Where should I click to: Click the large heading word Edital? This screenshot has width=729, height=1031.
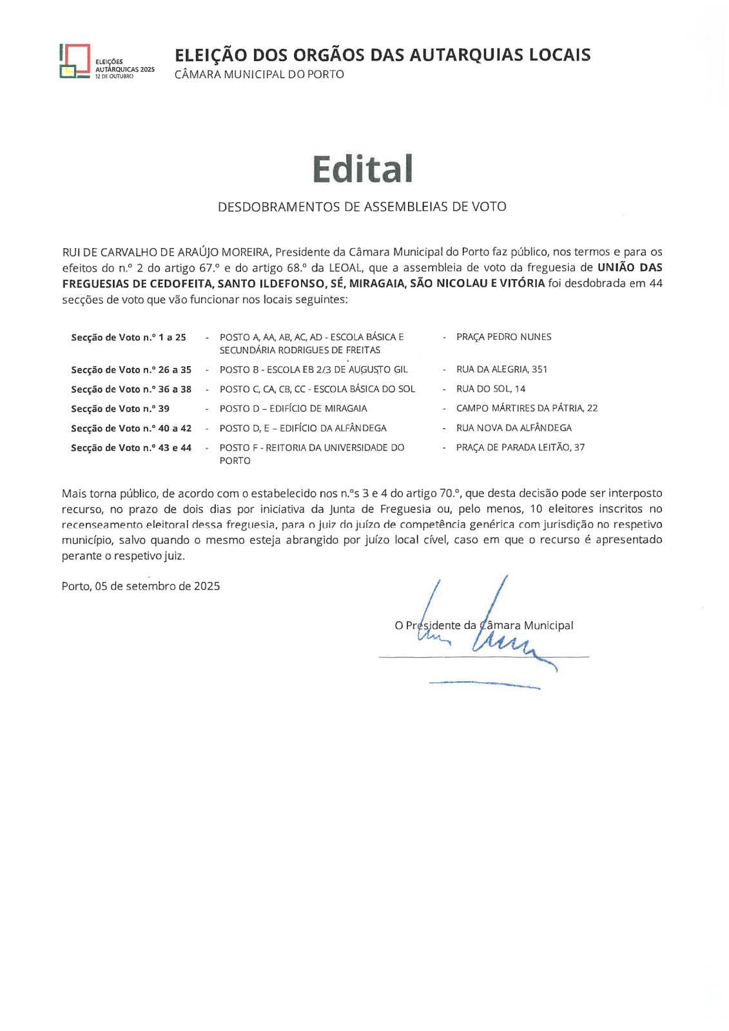pos(362,169)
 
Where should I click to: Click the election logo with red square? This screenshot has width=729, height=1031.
pos(75,61)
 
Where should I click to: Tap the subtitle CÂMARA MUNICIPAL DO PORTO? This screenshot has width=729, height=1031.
pos(259,74)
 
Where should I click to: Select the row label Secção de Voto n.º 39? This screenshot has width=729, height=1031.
pos(120,409)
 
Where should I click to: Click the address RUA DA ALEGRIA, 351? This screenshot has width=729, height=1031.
pos(501,369)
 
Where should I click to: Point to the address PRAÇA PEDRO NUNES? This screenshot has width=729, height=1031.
pos(503,337)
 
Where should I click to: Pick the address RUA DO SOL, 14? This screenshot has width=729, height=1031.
pos(491,389)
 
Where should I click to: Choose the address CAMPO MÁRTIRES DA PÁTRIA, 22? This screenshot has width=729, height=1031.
pos(527,408)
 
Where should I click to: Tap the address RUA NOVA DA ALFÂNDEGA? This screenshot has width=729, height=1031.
pos(514,428)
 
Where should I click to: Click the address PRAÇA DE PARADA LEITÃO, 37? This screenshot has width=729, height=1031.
pos(520,447)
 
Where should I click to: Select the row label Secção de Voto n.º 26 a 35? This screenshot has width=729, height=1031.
pos(131,370)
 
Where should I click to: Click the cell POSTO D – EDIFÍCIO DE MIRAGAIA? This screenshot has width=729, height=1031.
pos(293,409)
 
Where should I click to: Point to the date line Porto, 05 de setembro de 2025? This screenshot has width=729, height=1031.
pos(141,586)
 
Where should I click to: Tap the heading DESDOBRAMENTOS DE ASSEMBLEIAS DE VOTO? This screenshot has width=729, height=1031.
pos(362,207)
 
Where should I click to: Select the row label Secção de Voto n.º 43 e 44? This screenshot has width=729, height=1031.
pos(131,448)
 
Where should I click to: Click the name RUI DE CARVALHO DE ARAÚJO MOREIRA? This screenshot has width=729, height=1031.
pos(166,252)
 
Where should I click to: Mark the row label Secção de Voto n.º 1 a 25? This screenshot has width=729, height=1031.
pos(128,338)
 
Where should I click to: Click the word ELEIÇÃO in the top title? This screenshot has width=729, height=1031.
pos(211,55)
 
